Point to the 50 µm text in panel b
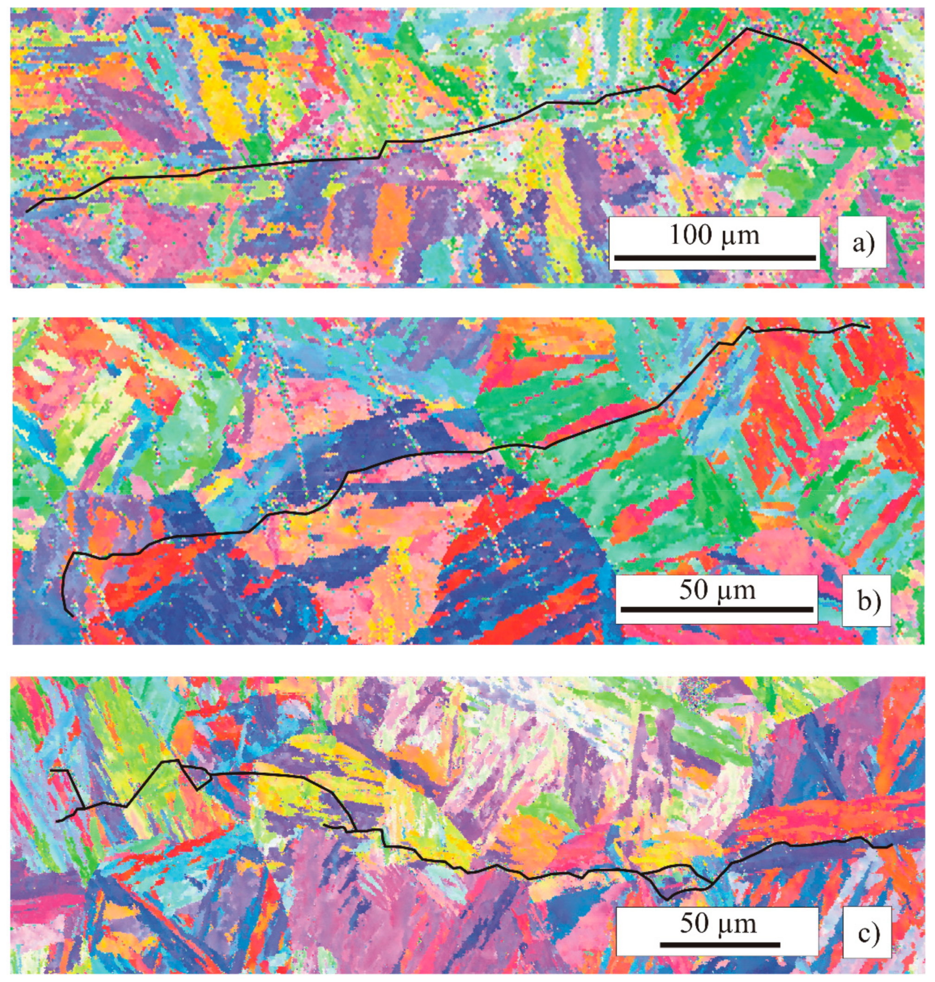(x=717, y=590)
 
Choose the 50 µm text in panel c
(x=718, y=923)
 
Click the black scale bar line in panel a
(x=715, y=258)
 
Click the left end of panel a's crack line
(x=27, y=212)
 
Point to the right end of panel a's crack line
(x=836, y=73)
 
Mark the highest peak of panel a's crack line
(x=747, y=29)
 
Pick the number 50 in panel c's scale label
(x=694, y=923)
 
